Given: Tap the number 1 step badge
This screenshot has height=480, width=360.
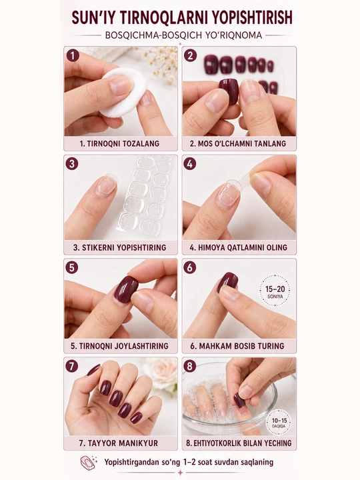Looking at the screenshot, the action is click(x=73, y=56).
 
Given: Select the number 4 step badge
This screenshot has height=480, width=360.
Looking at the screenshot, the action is click(x=190, y=164).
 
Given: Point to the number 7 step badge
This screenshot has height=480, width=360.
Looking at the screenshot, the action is click(x=71, y=366).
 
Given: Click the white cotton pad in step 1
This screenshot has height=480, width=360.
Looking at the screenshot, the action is click(x=123, y=92).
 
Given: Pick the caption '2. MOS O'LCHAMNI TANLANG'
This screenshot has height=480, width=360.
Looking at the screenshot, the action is click(x=238, y=143).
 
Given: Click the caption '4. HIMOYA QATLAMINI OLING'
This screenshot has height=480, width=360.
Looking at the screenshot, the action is click(x=239, y=247).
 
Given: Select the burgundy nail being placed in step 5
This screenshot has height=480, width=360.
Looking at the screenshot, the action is click(x=126, y=289).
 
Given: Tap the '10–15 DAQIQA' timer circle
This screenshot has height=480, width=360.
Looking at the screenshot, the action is click(x=278, y=423).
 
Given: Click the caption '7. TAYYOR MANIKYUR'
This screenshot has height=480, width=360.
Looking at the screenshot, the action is click(x=119, y=443).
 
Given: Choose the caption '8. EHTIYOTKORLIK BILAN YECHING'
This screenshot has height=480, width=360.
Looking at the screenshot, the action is click(x=239, y=443).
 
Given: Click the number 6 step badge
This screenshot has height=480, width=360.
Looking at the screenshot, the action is click(x=190, y=267).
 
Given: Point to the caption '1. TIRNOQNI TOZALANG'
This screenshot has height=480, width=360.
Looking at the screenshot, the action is click(x=119, y=143).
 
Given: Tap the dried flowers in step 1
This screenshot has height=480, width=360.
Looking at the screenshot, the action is click(x=159, y=63).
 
